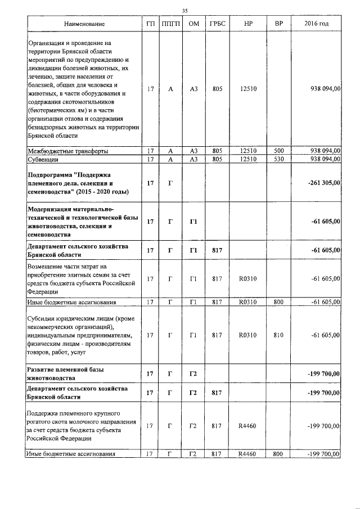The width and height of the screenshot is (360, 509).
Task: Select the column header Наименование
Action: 84,24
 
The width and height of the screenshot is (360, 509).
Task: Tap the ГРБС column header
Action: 217,24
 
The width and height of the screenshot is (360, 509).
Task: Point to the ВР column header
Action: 278,24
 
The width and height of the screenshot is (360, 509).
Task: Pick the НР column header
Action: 248,24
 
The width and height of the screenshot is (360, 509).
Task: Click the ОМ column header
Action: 193,24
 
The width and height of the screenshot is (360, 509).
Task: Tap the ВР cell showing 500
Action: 278,151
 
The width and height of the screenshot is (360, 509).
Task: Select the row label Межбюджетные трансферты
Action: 68,151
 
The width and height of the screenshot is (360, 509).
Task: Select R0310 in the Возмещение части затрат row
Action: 248,278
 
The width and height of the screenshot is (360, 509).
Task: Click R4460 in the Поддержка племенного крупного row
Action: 248,426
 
